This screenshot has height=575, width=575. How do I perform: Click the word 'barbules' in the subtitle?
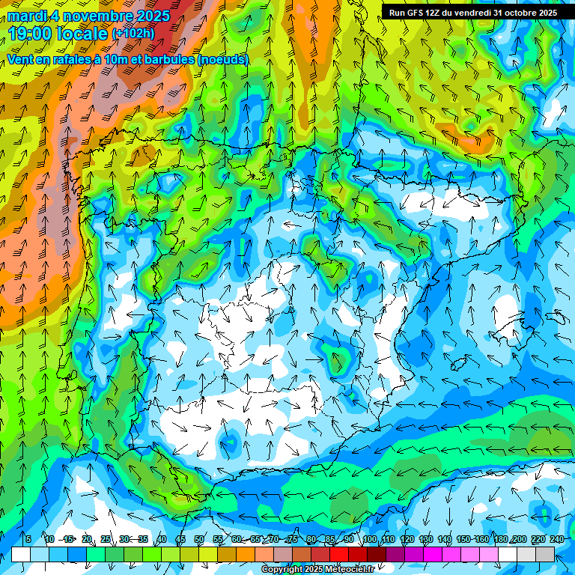(x=165, y=59)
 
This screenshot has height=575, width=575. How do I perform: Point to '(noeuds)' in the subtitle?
(x=224, y=59)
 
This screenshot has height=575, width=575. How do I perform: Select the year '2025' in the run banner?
(x=547, y=13)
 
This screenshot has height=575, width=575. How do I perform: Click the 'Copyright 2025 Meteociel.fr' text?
(x=317, y=570)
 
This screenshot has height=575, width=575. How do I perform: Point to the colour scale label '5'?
(x=28, y=540)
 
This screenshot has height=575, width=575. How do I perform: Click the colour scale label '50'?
(x=199, y=540)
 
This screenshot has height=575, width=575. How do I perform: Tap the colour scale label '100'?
(x=369, y=540)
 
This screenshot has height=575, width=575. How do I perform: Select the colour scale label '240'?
(x=556, y=540)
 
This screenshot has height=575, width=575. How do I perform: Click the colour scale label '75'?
(x=293, y=540)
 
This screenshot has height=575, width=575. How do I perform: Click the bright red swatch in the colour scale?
(x=339, y=554)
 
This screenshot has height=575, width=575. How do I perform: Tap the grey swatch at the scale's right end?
(x=545, y=554)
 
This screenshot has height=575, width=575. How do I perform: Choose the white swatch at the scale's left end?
(x=21, y=554)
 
